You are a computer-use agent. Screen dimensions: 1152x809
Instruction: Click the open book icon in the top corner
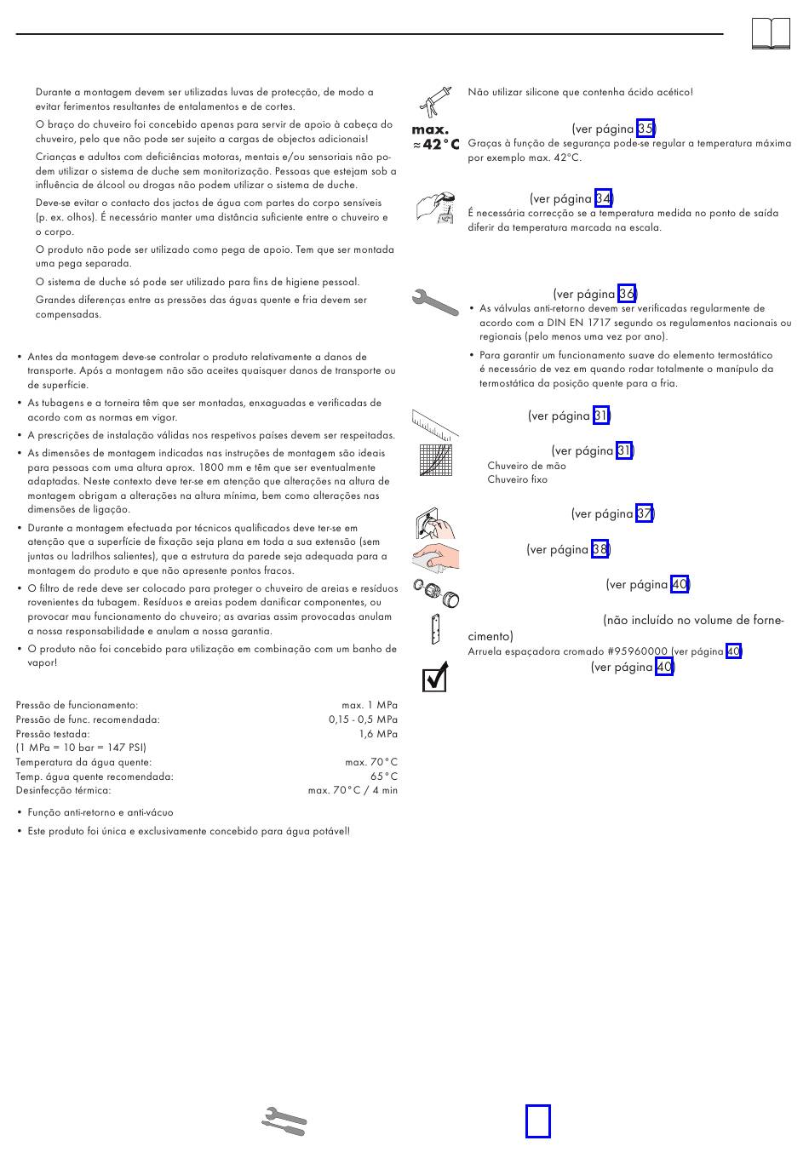tap(771, 34)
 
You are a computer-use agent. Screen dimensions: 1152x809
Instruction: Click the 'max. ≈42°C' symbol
tap(435, 138)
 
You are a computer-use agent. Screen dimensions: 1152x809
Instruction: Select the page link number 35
tap(645, 129)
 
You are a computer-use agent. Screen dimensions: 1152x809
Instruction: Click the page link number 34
tap(603, 199)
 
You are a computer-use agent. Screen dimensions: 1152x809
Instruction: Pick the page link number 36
tap(627, 295)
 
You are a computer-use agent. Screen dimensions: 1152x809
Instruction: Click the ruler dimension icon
tap(435, 421)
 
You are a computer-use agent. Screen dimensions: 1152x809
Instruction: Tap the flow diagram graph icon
tap(435, 460)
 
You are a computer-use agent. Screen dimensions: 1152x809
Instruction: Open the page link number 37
tap(645, 514)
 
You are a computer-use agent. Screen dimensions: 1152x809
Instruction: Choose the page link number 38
tap(600, 550)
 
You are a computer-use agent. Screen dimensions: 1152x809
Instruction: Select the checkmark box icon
tap(434, 678)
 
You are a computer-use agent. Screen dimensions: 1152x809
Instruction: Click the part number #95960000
tap(638, 652)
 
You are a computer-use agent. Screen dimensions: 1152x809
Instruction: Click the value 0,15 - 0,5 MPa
tap(363, 719)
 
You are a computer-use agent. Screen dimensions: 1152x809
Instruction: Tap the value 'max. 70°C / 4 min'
tap(353, 791)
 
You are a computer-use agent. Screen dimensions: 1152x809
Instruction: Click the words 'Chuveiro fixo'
tap(517, 480)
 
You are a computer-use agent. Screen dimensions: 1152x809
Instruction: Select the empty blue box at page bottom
tap(537, 1120)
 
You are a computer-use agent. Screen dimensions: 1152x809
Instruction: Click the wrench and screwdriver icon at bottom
tap(284, 1121)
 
